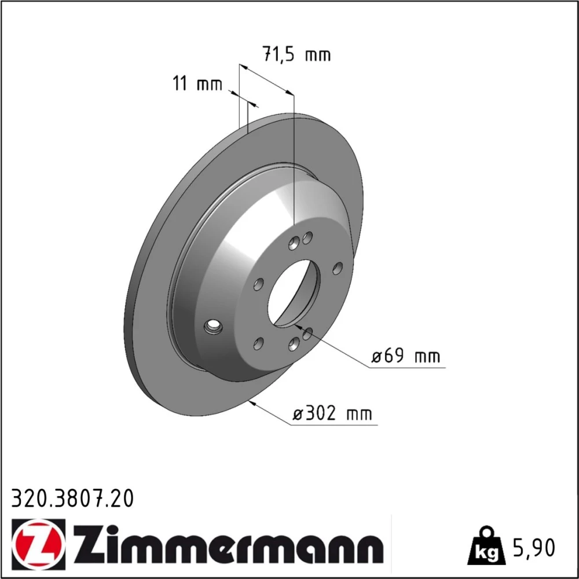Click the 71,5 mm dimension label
296,54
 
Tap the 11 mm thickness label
198,84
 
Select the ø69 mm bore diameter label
405,356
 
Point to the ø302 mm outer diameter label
332,413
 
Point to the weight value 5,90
533,548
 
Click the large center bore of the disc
294,293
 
